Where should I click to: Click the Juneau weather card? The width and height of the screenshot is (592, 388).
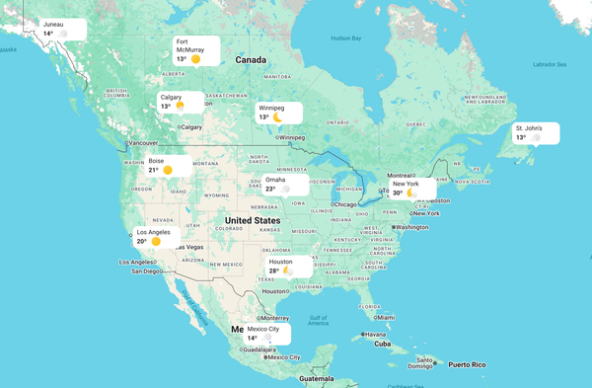tap(61, 29)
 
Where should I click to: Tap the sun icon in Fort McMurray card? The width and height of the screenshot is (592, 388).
tap(196, 59)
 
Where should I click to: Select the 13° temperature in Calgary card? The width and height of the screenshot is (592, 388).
tap(166, 106)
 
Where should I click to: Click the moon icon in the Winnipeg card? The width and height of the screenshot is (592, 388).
tap(278, 116)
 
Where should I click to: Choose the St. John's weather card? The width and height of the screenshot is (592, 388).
tap(535, 132)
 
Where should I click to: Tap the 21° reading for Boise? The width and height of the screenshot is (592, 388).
tap(154, 170)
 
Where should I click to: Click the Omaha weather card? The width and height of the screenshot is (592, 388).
tap(284, 184)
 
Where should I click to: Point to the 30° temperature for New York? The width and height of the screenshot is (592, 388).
tap(398, 194)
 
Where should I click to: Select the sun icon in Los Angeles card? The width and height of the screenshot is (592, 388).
tap(156, 241)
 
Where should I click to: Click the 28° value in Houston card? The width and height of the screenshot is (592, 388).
tap(274, 271)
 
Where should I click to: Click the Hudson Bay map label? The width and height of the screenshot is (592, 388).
tap(346, 39)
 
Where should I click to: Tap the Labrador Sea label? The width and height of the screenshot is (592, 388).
tap(550, 65)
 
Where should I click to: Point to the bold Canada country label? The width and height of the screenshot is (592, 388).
tap(250, 60)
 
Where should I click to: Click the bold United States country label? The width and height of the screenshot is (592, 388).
tap(252, 220)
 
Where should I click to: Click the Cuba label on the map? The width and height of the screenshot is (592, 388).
tap(384, 344)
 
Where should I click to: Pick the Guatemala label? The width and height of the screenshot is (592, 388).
tap(318, 379)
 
